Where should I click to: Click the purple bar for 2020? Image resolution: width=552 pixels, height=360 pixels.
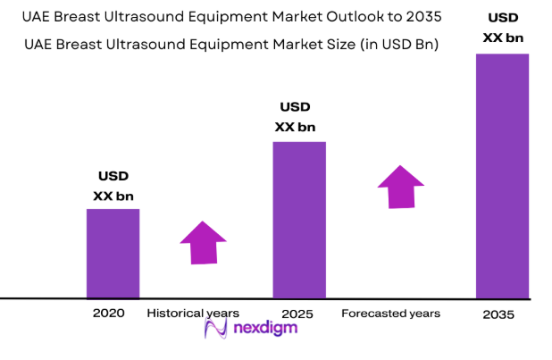point(113,253)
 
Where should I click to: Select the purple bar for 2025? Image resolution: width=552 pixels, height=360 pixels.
point(298,219)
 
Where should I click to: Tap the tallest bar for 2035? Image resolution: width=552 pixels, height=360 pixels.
point(502,175)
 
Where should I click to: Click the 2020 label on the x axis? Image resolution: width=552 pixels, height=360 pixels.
point(108,314)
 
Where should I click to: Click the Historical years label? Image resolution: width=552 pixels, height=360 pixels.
point(193,314)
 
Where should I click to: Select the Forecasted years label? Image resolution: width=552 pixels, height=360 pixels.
point(390,314)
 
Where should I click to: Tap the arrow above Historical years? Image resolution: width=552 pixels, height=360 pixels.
point(203,242)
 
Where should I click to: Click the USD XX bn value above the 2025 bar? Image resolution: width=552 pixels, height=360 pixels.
point(295,118)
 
